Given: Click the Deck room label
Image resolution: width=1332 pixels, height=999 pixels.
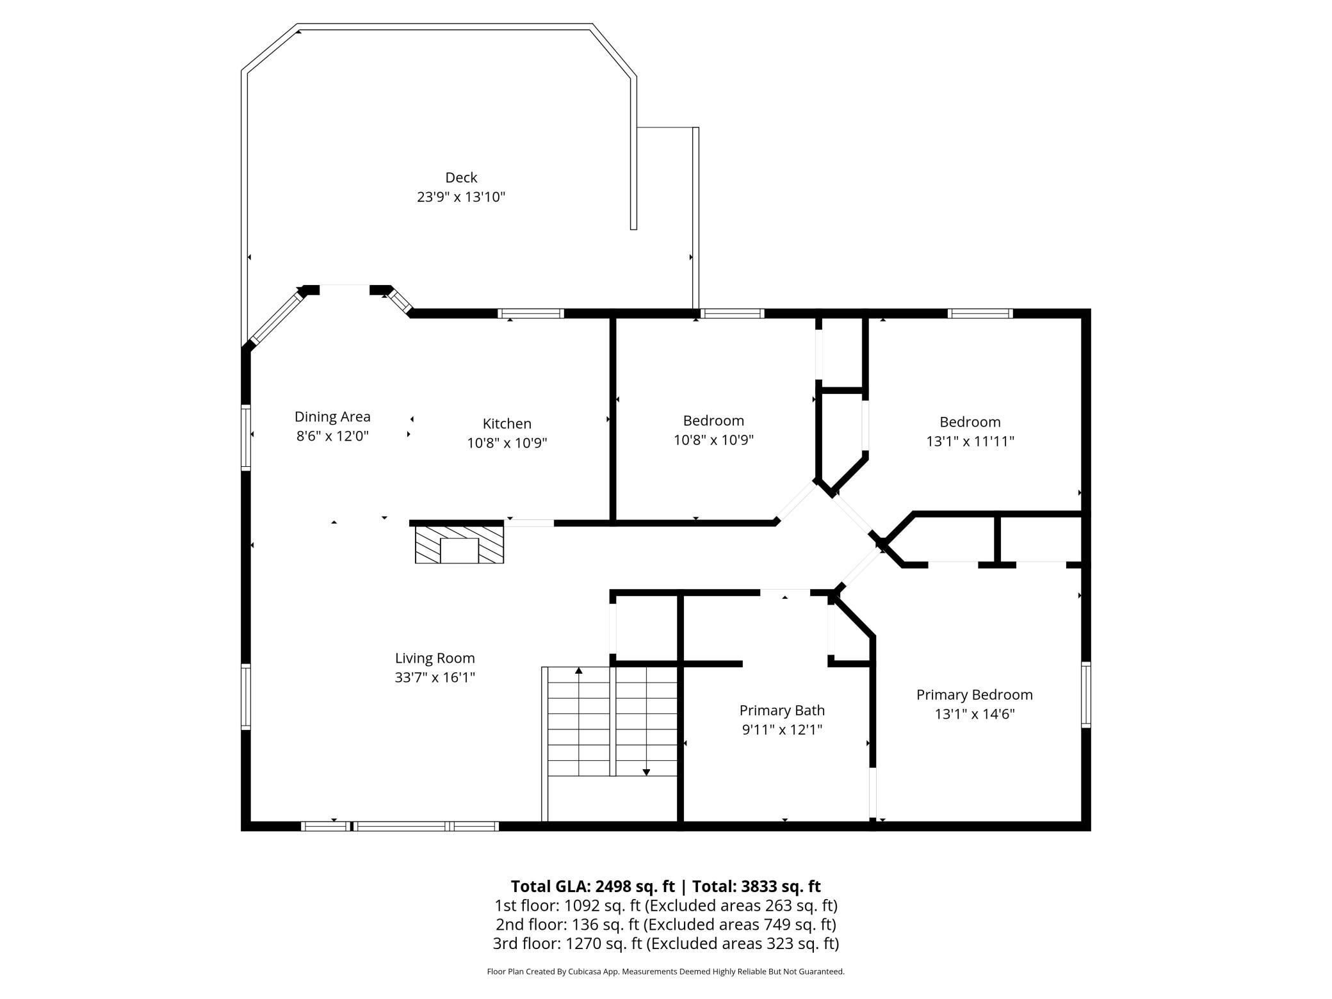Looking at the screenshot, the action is tap(461, 177).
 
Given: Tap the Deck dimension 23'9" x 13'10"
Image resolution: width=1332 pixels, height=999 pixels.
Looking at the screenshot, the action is tap(461, 197).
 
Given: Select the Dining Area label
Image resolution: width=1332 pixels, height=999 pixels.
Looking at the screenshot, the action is tap(332, 417).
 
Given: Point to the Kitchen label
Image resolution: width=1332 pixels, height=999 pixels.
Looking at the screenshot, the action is tap(507, 423).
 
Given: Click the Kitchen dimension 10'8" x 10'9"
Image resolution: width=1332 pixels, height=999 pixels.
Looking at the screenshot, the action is tap(507, 443).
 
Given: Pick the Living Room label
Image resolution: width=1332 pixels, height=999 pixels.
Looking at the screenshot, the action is tap(435, 658).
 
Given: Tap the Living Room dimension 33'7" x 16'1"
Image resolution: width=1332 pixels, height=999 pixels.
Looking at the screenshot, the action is tap(435, 678).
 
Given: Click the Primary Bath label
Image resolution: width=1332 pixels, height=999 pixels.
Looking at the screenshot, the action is tap(782, 711).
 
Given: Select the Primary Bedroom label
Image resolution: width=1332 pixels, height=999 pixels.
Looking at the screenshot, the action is tap(974, 695).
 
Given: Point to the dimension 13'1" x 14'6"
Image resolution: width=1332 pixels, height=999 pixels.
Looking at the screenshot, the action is tap(974, 714).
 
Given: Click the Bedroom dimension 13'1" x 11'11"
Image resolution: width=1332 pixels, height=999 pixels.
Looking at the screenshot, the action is tap(970, 441).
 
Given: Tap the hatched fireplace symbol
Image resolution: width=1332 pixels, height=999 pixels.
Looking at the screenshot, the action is tap(459, 545).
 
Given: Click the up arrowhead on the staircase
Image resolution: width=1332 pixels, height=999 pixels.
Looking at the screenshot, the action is tap(579, 670).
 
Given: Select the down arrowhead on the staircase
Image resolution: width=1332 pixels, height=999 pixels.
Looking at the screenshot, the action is tap(646, 772).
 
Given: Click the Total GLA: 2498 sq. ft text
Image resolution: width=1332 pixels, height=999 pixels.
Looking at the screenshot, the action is tap(592, 886).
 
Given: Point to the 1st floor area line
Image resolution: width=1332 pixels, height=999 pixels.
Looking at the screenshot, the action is tap(666, 906).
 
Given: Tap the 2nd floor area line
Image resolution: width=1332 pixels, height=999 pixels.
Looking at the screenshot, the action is tap(666, 925).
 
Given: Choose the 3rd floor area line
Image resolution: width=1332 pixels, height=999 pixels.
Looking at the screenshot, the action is tap(666, 943).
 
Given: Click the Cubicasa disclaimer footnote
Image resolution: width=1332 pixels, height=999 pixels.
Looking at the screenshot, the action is tap(666, 971).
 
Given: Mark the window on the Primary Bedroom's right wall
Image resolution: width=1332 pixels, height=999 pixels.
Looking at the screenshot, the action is tap(1086, 695).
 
